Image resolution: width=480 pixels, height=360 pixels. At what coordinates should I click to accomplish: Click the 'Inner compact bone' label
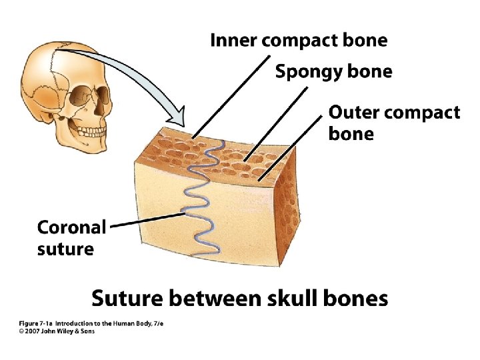(298, 40)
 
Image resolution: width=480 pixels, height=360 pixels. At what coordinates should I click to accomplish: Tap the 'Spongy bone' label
(333, 71)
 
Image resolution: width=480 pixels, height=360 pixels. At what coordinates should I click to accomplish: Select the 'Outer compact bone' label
(393, 122)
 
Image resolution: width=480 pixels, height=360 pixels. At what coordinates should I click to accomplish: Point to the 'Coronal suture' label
(71, 238)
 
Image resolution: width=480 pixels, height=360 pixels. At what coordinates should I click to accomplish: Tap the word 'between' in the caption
(215, 298)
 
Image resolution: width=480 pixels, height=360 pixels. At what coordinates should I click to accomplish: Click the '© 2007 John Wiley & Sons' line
(57, 331)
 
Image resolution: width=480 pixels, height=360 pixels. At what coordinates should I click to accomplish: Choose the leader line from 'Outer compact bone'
(290, 151)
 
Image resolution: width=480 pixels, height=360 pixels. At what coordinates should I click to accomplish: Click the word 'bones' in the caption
(356, 298)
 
